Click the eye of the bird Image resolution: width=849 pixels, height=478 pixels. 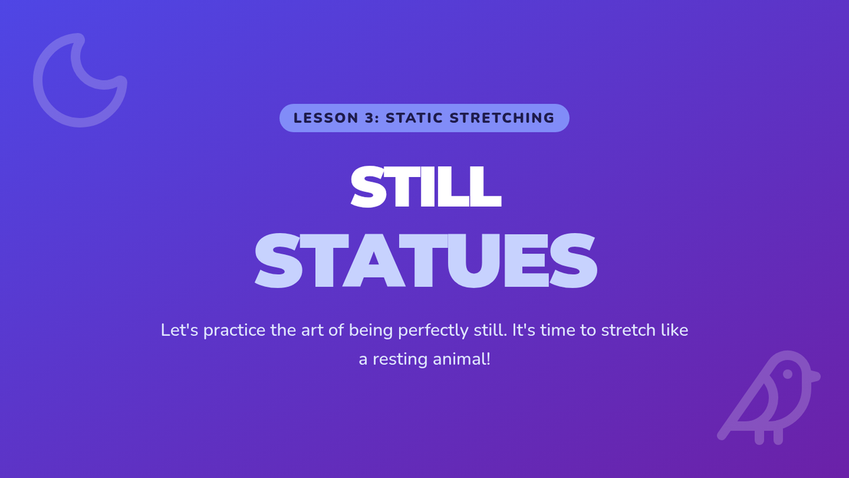tap(787, 374)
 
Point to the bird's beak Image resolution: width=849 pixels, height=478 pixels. tap(815, 377)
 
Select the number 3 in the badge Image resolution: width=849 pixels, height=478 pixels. tap(369, 118)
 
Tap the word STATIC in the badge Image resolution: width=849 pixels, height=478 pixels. tap(415, 118)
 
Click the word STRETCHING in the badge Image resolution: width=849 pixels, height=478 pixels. tap(502, 118)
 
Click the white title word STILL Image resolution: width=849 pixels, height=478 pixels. tap(426, 187)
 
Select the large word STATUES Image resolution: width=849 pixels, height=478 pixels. tap(426, 261)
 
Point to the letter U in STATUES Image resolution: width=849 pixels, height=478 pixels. tap(475, 261)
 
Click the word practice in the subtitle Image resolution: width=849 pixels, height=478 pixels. tap(234, 331)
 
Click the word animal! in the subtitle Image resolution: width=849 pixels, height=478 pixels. tap(461, 359)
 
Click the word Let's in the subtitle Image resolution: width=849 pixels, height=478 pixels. tap(179, 330)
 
